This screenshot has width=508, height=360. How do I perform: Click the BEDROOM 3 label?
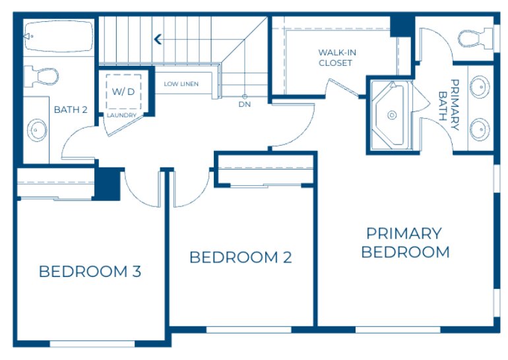90,271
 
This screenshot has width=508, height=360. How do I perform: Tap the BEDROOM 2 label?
240,257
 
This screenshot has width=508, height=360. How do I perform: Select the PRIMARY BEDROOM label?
405,243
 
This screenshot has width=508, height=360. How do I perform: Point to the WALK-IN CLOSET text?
335,57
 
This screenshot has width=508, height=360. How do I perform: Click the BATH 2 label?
71,109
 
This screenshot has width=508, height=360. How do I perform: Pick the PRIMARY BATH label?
449,100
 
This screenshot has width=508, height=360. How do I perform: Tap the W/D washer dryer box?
123,91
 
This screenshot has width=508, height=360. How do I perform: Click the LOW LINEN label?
181,84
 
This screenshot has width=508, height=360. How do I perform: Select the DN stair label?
244,105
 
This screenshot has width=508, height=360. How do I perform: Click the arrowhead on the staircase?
158,40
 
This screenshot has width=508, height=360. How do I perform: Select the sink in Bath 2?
36,130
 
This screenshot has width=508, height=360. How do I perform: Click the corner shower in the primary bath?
390,115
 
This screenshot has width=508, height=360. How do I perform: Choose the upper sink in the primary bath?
480,86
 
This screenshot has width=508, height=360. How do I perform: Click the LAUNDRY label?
122,115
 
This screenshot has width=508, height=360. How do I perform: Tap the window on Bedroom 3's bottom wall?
92,344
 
